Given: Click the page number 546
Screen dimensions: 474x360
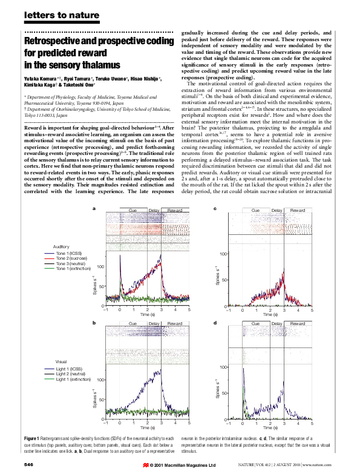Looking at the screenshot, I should (x=28, y=464).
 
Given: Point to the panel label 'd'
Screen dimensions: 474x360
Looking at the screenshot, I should (x=215, y=325).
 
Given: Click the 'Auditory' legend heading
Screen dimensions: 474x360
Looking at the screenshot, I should (x=62, y=246).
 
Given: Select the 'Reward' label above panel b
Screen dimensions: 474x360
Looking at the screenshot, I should (x=175, y=324).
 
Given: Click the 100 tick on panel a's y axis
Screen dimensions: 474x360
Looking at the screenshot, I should (x=100, y=266).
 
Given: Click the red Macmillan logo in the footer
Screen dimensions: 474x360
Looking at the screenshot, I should (x=145, y=465).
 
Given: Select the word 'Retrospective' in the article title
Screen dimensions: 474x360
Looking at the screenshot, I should (x=52, y=41).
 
